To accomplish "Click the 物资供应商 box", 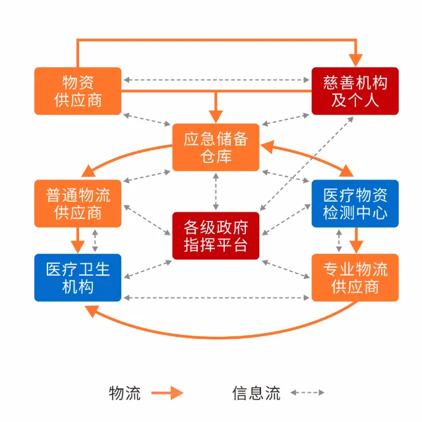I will coord(78,91).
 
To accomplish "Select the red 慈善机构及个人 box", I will coord(355,91).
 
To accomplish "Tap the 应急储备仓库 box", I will coord(216,147).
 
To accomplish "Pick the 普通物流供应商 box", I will coord(78,204).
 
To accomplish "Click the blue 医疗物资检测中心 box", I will coord(355,204).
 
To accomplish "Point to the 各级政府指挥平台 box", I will coord(216,235).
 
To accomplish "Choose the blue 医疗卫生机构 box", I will coord(78,278).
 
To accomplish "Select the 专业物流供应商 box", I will coord(355,278).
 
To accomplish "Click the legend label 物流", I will coord(125,393).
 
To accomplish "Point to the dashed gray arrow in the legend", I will coord(307,393).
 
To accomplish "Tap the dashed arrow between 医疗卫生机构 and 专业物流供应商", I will coord(216,298).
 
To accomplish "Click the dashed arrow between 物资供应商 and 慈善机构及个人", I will coord(216,80).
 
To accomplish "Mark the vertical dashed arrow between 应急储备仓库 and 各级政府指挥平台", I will coord(216,191).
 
